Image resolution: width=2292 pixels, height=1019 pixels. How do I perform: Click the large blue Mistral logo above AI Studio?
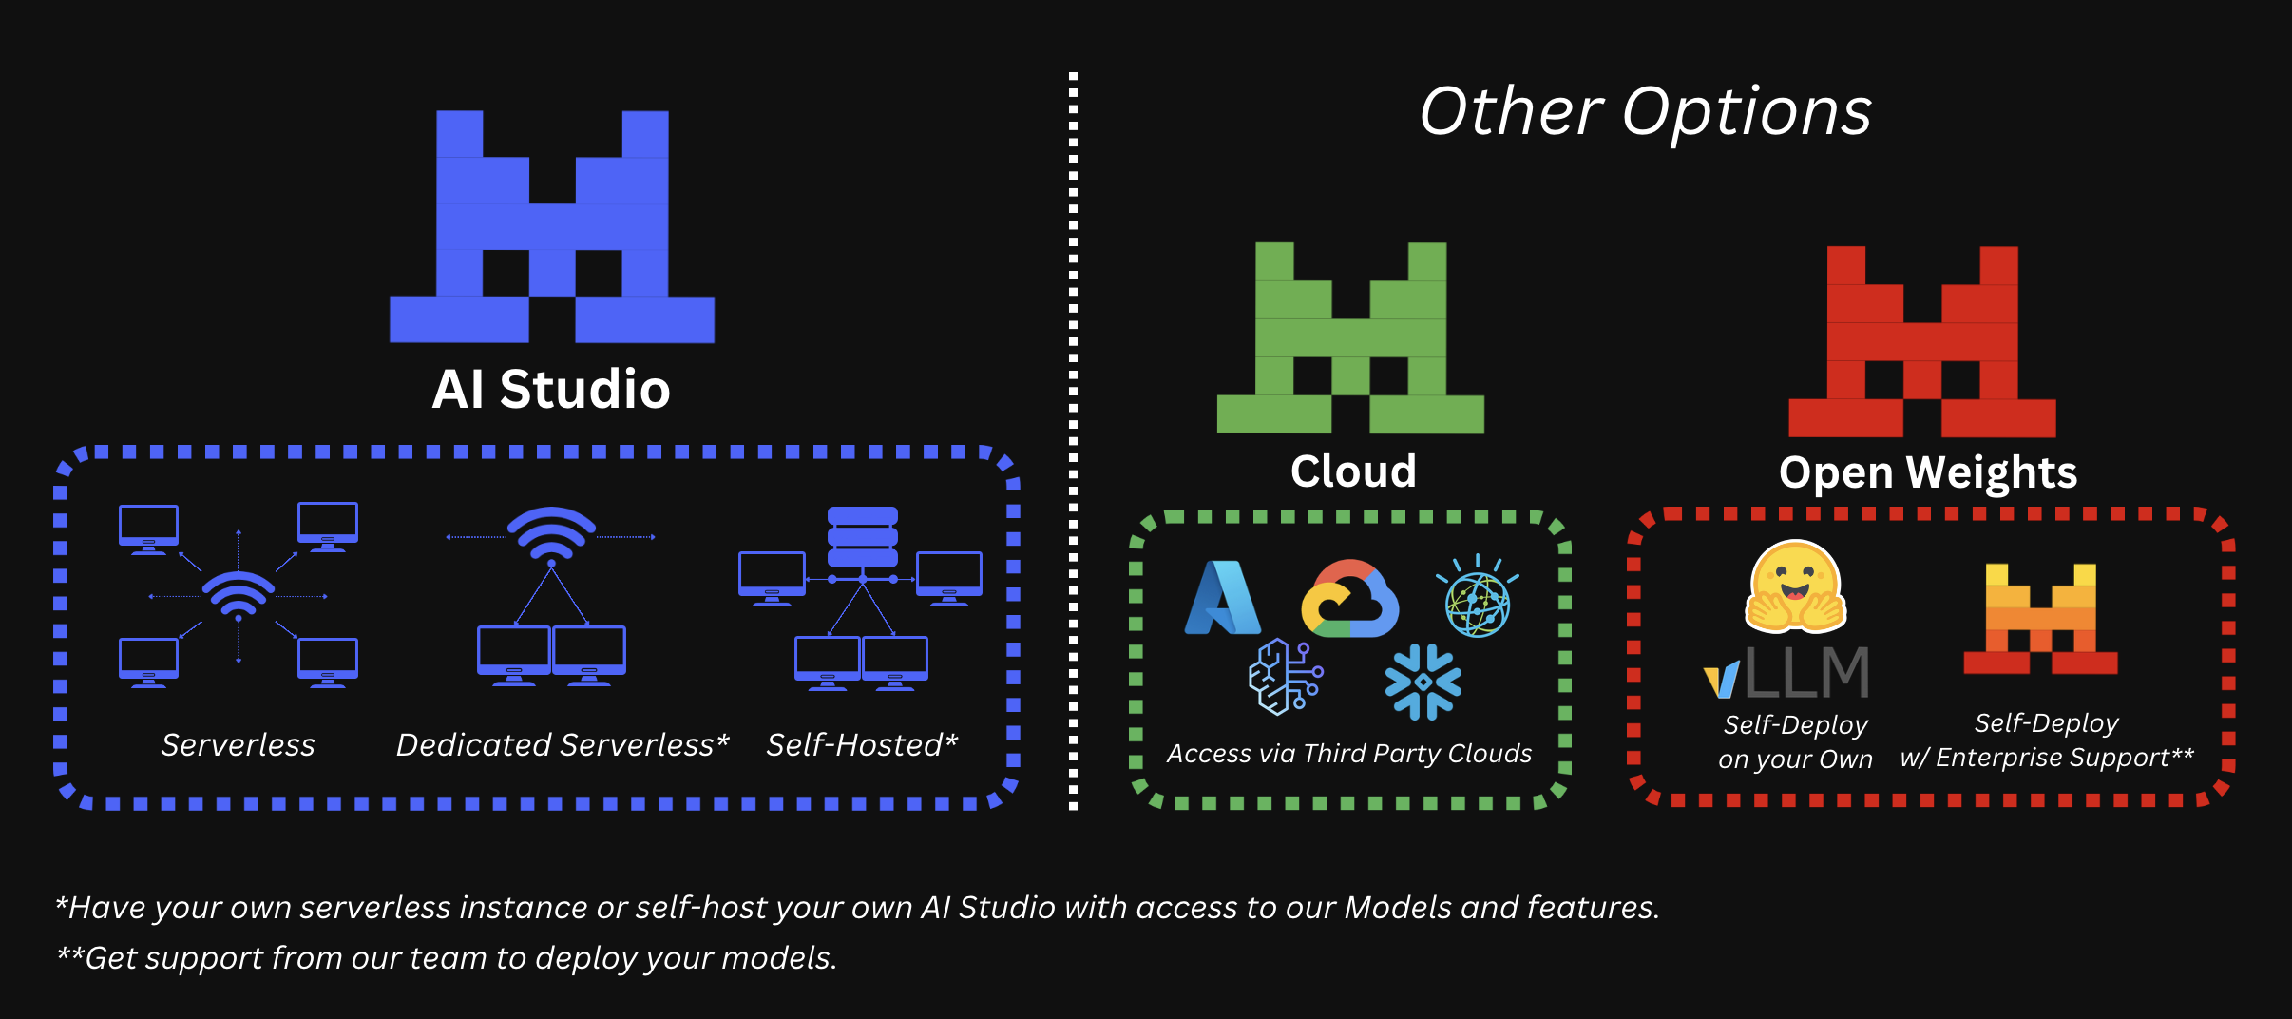point(552,226)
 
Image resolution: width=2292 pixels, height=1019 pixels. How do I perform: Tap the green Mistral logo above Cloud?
point(1350,338)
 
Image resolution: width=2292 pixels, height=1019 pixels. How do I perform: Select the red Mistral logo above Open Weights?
point(1921,342)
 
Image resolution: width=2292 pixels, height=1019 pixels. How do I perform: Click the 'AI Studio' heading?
point(551,390)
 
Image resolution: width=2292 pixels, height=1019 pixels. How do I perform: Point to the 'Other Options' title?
point(1645,112)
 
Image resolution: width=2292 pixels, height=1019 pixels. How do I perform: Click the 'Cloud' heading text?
point(1353,471)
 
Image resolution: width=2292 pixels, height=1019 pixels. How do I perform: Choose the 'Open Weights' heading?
point(1928,472)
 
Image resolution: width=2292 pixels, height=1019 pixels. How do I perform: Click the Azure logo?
point(1223,598)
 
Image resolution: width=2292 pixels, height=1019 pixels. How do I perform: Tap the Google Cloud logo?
point(1349,599)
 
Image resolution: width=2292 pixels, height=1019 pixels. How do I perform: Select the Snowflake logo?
point(1423,682)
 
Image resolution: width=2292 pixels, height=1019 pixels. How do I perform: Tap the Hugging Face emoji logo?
point(1795,587)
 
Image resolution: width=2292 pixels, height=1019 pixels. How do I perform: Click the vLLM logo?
point(1786,672)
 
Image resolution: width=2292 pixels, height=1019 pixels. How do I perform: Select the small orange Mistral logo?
point(2040,619)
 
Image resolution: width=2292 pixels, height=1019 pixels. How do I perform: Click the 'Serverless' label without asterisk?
point(238,745)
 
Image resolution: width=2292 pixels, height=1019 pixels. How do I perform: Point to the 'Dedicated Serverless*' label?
point(562,745)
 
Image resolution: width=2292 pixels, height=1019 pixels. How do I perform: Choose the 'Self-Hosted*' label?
point(862,745)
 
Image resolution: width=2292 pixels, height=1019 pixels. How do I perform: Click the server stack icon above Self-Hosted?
point(862,536)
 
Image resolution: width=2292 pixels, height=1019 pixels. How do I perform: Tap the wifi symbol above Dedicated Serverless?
point(551,532)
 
